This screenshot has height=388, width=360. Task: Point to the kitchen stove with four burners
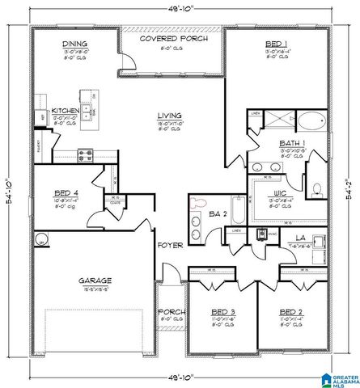[x=84, y=154]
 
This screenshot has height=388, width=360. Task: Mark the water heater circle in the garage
[x=40, y=238]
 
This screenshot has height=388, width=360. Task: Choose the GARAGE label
[x=95, y=280]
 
